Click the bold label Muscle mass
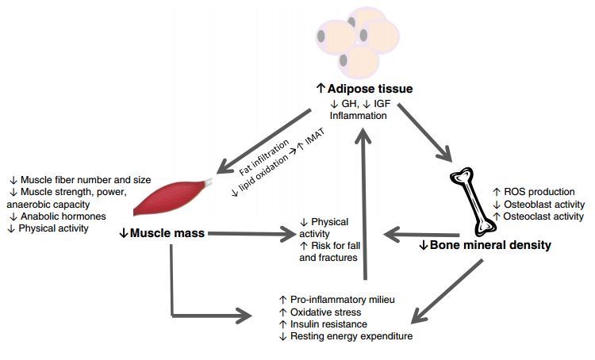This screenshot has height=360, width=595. point(163,233)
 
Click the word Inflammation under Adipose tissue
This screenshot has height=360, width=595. point(358,117)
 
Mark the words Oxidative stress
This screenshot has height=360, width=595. point(327,312)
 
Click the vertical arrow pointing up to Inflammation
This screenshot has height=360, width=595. point(364,206)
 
